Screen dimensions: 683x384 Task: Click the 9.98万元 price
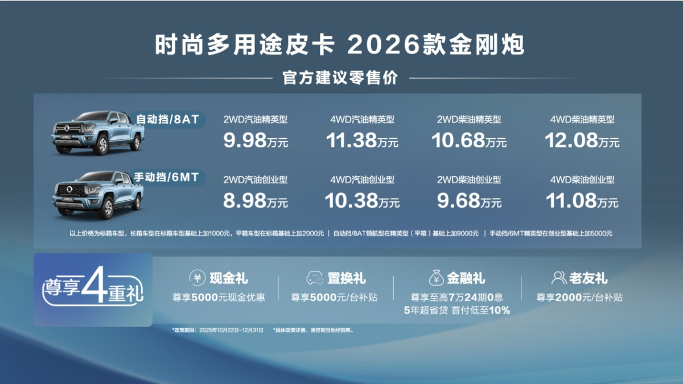[x=256, y=141]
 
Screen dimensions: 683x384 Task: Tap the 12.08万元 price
[x=582, y=141]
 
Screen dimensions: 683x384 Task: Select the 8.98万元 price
[x=256, y=201]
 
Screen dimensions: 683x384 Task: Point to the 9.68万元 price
[x=469, y=201]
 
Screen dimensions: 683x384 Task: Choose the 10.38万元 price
[x=362, y=201]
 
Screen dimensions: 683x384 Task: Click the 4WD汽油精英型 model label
[x=362, y=119]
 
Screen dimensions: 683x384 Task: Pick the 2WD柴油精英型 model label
[x=469, y=119]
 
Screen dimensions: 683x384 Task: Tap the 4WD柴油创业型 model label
[x=582, y=180]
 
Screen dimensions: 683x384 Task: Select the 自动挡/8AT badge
[x=167, y=119]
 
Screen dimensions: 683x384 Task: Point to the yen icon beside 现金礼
[x=198, y=278]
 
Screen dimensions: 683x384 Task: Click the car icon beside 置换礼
[x=315, y=278]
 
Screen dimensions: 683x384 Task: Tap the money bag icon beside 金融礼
[x=437, y=278]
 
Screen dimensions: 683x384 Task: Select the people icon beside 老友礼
[x=558, y=278]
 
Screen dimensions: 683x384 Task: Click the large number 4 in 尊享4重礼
[x=94, y=284]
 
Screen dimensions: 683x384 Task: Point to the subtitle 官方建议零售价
[x=340, y=78]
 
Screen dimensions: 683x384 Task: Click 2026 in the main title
[x=384, y=45]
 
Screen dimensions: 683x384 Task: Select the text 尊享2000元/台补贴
[x=579, y=297]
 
